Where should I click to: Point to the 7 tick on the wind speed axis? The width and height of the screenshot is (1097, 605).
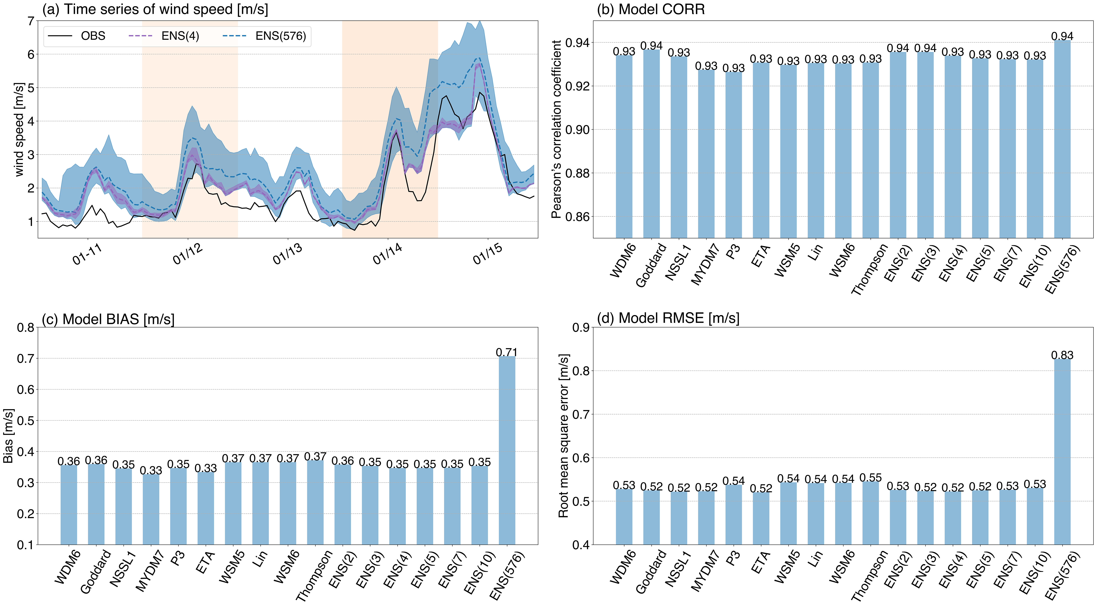[31, 21]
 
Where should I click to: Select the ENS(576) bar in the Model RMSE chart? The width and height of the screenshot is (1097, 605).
[1062, 452]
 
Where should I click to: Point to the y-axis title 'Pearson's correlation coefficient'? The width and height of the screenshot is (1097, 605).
[556, 129]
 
